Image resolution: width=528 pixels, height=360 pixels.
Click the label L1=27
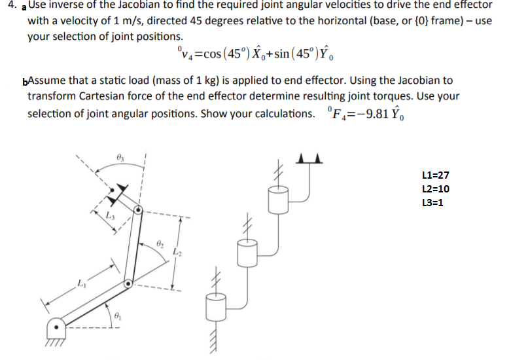coord(436,175)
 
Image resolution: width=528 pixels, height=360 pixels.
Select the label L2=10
coord(436,189)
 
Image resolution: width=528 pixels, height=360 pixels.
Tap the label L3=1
coord(434,203)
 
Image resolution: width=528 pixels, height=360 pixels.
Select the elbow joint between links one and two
coord(128,284)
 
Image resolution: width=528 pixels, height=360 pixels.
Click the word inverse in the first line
coord(65,5)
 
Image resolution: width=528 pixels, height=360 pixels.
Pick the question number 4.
coord(8,6)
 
